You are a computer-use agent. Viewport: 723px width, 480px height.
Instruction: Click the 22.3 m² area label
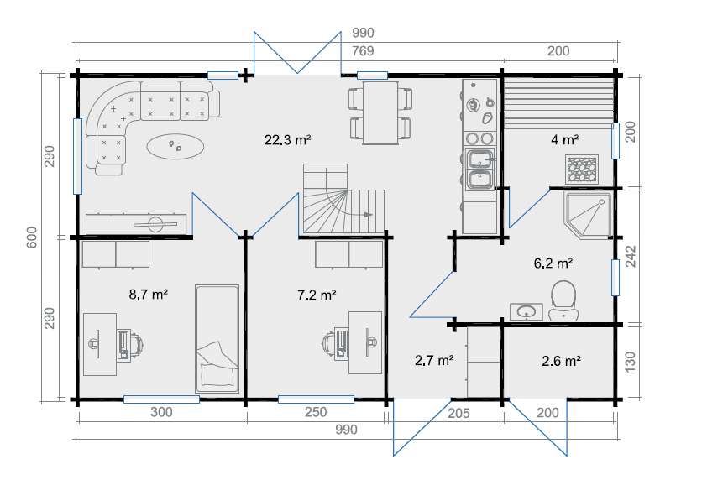tap(287, 139)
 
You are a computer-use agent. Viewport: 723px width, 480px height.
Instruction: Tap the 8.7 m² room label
tap(148, 294)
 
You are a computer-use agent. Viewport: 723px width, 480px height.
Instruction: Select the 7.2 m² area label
tap(317, 295)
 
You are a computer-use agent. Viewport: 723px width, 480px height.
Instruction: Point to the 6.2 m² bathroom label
tap(553, 263)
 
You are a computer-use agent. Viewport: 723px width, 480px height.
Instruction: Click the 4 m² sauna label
tap(565, 139)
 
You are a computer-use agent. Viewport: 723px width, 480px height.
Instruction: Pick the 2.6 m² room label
tap(561, 361)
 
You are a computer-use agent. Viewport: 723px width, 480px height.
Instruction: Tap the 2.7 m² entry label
tap(434, 360)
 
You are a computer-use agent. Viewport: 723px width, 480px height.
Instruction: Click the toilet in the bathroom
tap(563, 300)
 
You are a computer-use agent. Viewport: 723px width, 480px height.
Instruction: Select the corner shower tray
tap(589, 216)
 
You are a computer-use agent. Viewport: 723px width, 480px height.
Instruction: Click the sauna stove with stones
tap(582, 170)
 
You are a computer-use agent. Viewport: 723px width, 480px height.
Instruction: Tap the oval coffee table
tap(176, 147)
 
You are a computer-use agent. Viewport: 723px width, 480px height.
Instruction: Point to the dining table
tap(380, 112)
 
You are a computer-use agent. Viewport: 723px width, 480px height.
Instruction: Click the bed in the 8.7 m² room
tap(217, 338)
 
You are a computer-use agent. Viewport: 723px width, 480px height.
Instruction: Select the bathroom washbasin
tap(527, 312)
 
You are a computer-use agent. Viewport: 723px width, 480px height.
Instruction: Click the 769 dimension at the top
tap(363, 50)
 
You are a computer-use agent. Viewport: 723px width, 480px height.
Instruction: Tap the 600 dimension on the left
tap(31, 237)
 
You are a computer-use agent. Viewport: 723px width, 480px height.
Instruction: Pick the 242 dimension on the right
tap(631, 256)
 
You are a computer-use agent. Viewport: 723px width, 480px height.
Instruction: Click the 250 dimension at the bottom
tap(316, 412)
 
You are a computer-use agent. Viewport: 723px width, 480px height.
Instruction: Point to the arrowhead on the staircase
tap(368, 215)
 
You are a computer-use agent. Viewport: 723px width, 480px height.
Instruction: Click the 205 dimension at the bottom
tap(458, 413)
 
